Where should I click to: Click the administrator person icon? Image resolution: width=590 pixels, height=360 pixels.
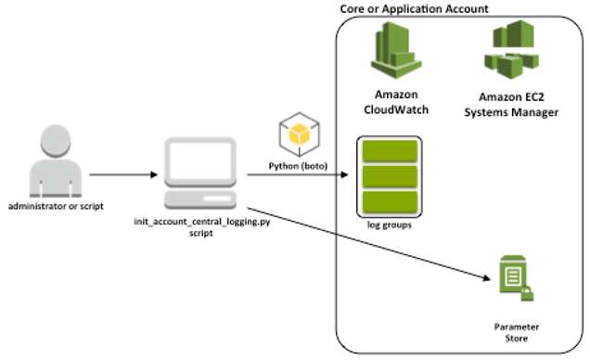[x=45, y=161]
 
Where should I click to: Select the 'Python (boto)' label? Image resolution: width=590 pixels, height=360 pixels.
[x=296, y=163]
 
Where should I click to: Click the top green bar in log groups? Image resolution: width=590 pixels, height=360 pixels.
[x=390, y=152]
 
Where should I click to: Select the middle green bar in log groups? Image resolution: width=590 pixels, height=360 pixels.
[x=390, y=176]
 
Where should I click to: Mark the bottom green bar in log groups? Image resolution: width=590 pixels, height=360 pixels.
[x=390, y=200]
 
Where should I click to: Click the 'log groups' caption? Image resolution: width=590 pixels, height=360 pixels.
[x=390, y=224]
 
